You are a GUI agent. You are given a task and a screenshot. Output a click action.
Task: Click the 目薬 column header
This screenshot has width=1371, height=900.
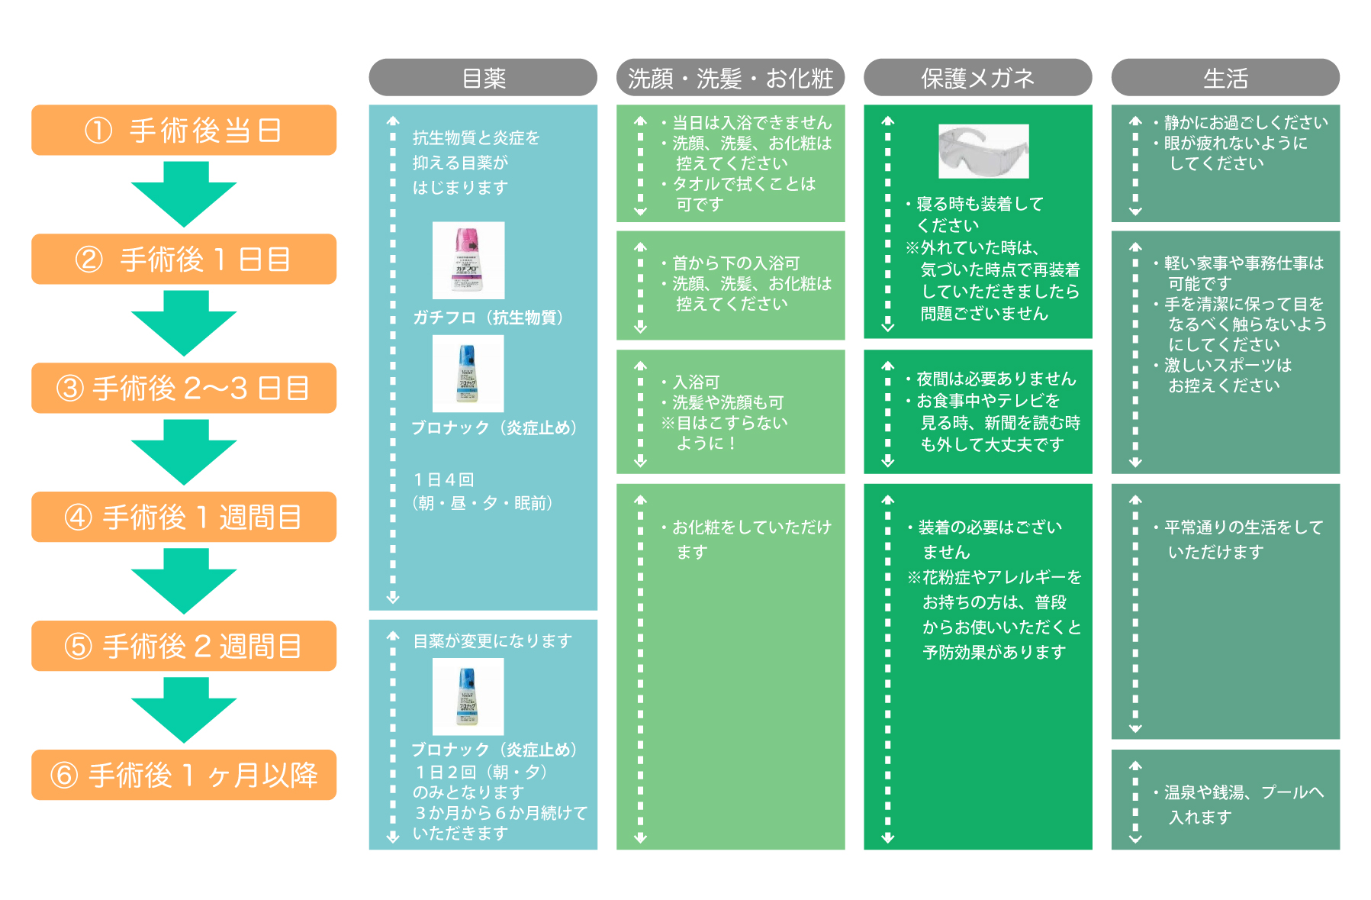(x=483, y=78)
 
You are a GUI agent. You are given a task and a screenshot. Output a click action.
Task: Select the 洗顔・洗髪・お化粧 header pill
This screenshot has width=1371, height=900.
(x=730, y=78)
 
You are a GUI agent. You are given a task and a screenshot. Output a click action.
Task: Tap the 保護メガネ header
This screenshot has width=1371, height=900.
(x=977, y=78)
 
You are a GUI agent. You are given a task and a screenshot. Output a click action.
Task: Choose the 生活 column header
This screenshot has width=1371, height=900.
(x=1225, y=78)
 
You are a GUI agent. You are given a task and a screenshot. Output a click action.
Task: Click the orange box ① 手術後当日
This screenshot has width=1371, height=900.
(x=184, y=131)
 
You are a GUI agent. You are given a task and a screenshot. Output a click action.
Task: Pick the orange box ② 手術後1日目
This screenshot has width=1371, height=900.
(x=184, y=260)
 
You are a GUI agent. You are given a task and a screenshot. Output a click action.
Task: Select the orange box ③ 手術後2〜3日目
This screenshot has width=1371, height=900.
(x=184, y=389)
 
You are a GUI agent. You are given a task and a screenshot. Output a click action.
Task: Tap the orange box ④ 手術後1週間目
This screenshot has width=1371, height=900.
(x=184, y=518)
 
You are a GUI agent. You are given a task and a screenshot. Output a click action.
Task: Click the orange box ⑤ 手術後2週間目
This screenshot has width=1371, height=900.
(x=184, y=647)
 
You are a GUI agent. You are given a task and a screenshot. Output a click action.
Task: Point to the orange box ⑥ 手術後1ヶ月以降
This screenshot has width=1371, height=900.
(x=184, y=776)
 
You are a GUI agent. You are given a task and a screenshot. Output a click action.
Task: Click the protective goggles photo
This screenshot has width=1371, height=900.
(x=983, y=151)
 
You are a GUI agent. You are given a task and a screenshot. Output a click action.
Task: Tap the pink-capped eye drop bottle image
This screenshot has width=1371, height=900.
(x=468, y=260)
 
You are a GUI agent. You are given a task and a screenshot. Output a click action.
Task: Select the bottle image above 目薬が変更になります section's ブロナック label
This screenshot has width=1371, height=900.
(x=468, y=697)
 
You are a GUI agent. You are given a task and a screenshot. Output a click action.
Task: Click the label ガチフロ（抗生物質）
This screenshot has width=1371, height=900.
(x=488, y=318)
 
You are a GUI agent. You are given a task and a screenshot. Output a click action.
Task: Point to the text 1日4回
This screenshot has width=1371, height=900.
(x=444, y=479)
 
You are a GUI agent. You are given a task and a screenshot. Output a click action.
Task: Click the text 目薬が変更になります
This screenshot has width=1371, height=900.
(x=493, y=641)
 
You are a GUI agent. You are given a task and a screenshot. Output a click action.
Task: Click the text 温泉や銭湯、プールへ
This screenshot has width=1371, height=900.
(x=1244, y=792)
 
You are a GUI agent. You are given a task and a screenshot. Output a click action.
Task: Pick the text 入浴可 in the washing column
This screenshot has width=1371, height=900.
(x=696, y=382)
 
